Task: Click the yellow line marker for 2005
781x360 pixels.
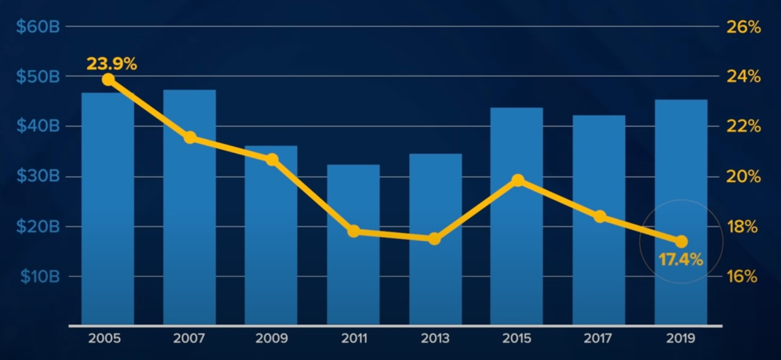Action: pos(108,80)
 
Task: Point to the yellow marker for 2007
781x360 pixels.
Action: pos(190,137)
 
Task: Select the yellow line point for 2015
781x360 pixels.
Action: pos(518,180)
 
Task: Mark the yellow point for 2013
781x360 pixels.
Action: pos(435,239)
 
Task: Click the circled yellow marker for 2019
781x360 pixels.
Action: pos(681,241)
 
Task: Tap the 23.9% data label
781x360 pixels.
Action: pos(112,63)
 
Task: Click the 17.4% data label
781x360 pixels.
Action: pos(681,260)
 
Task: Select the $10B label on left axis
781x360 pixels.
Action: pos(39,277)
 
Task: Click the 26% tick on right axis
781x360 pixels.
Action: pos(745,28)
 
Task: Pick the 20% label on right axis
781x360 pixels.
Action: pos(745,177)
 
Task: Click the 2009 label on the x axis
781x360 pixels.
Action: pos(272,338)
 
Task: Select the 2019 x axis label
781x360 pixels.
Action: pos(681,338)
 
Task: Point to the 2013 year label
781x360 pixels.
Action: pos(435,338)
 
